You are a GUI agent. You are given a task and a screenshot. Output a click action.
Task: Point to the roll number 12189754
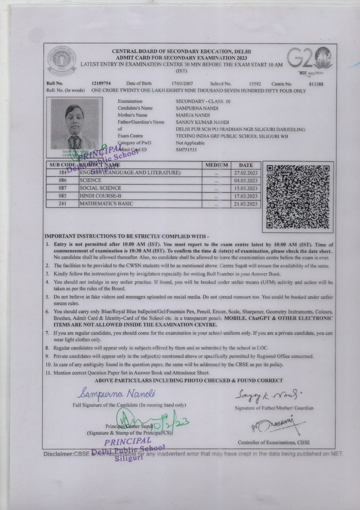[101, 84]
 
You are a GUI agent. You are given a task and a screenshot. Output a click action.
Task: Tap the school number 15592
[255, 84]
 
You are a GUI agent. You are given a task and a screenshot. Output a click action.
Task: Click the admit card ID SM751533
[186, 150]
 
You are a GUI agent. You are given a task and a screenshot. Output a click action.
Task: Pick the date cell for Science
[246, 180]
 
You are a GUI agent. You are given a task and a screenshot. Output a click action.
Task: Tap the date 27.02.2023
[246, 173]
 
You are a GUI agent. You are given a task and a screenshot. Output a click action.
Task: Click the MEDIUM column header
[217, 165]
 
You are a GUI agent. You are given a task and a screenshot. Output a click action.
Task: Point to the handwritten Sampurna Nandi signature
[117, 394]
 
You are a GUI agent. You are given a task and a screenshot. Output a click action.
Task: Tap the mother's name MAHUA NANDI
[193, 115]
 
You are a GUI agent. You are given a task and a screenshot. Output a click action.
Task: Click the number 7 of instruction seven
[47, 333]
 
